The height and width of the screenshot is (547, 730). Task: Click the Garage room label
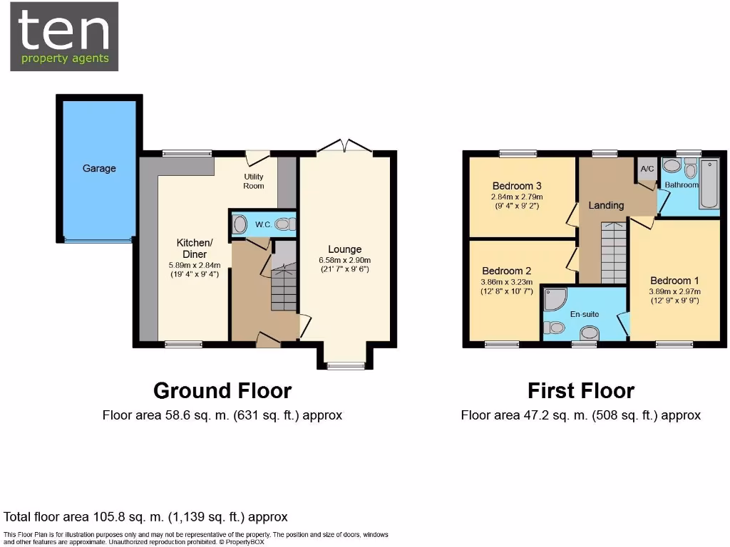[x=99, y=169]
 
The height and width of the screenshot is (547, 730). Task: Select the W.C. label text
[x=262, y=225]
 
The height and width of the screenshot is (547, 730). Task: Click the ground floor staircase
[x=284, y=288]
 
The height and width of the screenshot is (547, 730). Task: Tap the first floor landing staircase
[x=612, y=253]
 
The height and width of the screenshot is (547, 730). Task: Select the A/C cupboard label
[x=647, y=169]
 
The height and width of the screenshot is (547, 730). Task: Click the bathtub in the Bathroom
[x=709, y=184]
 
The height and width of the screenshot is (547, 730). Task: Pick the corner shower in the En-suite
[x=554, y=300]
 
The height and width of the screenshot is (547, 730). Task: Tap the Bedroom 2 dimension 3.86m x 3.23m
[x=507, y=282]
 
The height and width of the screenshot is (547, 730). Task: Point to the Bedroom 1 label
[x=670, y=281]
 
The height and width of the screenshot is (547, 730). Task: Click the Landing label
[x=606, y=205]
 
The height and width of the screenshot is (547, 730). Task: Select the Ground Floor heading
[x=222, y=391]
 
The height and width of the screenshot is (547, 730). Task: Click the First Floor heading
[x=580, y=391]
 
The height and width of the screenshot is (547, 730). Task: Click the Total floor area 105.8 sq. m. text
[x=145, y=517]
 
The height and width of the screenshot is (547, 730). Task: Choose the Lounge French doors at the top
[x=345, y=147]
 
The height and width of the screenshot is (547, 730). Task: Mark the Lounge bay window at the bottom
[x=345, y=366]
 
